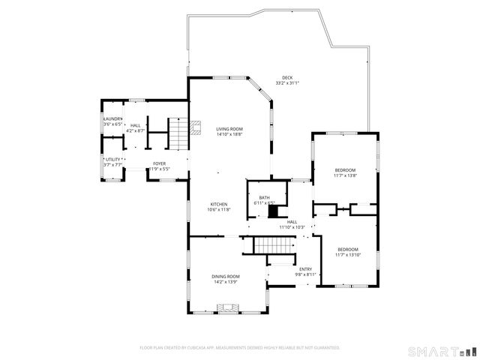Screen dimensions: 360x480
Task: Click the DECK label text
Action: click(287, 76)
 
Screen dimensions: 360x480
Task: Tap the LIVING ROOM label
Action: click(229, 129)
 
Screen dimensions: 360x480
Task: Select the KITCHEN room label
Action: click(219, 204)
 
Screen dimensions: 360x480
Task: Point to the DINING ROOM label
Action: click(225, 276)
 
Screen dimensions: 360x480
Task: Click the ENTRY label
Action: click(305, 269)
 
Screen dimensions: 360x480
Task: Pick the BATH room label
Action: click(265, 197)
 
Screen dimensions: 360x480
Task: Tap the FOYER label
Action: click(160, 163)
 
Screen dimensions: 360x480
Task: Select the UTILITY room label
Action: click(112, 160)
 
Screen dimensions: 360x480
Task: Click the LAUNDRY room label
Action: click(112, 118)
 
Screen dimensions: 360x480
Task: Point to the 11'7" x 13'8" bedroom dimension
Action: click(345, 175)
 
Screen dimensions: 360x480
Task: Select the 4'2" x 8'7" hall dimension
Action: click(136, 130)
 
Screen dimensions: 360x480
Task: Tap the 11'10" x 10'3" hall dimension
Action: click(292, 227)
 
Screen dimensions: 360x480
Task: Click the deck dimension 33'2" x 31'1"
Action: click(287, 82)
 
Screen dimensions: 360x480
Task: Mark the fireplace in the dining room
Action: click(228, 307)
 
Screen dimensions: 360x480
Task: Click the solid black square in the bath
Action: click(273, 211)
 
